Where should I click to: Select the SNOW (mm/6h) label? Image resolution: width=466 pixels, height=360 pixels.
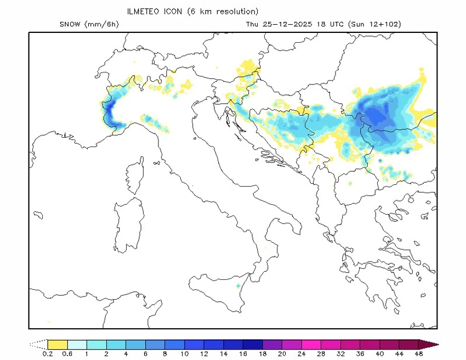click(x=89, y=24)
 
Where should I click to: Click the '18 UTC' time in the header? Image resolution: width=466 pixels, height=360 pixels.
click(x=327, y=24)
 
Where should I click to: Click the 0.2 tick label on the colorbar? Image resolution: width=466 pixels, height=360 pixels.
click(x=48, y=354)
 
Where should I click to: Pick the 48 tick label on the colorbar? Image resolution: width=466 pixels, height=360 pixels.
click(x=419, y=354)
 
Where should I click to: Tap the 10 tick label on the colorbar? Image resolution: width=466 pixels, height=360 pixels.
click(x=185, y=354)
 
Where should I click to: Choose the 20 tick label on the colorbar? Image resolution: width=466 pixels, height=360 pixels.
click(x=283, y=354)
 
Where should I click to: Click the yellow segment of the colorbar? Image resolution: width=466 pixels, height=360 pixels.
click(x=58, y=344)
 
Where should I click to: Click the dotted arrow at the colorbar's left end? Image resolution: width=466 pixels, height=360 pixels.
click(x=38, y=344)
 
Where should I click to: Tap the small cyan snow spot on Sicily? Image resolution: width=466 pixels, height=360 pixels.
click(x=238, y=286)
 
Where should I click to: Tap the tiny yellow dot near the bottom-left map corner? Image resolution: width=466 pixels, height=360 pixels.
click(x=49, y=322)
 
